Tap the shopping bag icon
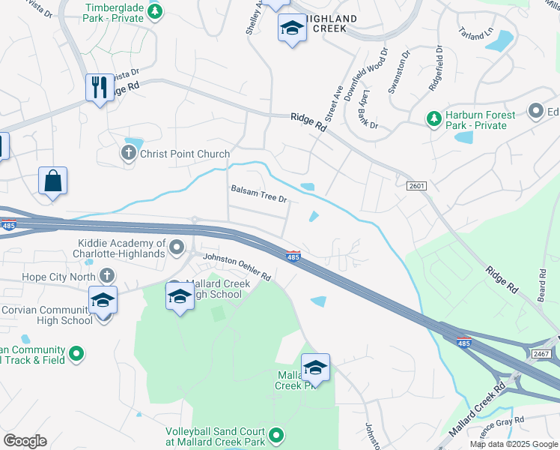point(53,181)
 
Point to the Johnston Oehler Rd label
point(237,266)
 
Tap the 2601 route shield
point(417,185)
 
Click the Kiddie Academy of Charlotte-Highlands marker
point(177,247)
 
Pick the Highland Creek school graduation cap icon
point(291,29)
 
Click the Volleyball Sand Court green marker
point(276,435)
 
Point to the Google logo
point(25,440)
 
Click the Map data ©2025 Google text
point(514,444)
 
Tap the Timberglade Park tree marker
point(155,11)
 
